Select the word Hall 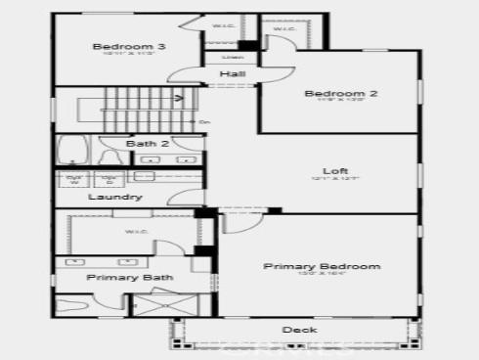[232, 74]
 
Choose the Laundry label [115, 197]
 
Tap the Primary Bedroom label [322, 266]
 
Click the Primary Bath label [130, 278]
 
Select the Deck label [299, 330]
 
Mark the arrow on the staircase [179, 98]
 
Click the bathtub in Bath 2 [71, 152]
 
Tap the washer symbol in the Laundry [74, 179]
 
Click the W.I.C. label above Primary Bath [135, 232]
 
